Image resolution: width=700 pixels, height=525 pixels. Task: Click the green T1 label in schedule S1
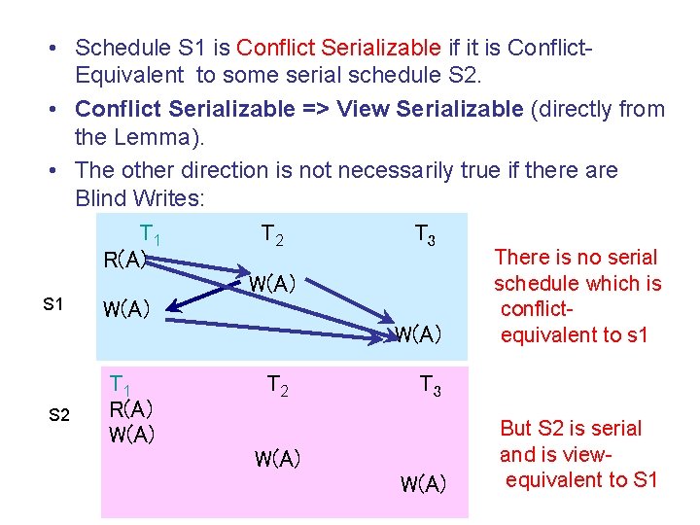tap(150, 234)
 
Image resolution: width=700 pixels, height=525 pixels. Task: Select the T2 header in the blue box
tap(272, 234)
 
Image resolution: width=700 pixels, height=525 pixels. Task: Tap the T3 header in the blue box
tap(425, 235)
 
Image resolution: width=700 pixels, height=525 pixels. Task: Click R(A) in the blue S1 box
tap(125, 260)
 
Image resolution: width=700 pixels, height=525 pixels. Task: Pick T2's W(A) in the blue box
tap(273, 284)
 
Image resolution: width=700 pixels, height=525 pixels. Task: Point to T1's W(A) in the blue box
tap(126, 310)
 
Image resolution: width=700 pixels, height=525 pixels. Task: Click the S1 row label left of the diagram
tap(54, 304)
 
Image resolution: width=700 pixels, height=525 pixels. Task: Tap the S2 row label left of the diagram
tap(59, 415)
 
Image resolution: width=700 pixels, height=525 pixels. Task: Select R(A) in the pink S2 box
tap(131, 408)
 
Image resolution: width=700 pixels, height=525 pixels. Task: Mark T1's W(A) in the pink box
tap(132, 434)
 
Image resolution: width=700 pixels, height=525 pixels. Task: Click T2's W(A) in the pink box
tap(277, 459)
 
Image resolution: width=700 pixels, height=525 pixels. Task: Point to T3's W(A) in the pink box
tap(423, 483)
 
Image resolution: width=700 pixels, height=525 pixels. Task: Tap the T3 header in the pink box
tap(431, 386)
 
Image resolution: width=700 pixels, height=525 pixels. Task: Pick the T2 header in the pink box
tap(278, 386)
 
